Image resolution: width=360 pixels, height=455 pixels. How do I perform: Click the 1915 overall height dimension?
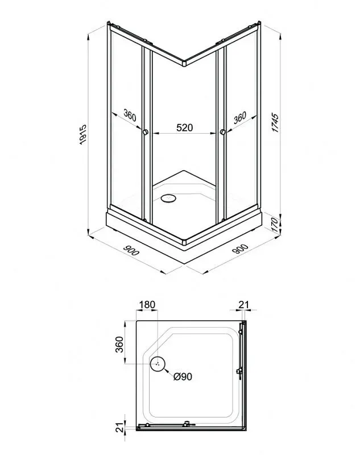83,134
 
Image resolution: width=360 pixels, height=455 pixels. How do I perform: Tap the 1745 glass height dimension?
275,122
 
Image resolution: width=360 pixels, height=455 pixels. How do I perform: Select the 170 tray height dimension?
276,224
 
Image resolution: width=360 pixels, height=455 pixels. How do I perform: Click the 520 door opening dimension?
184,127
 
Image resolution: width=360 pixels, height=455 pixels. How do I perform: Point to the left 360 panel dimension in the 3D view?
130,115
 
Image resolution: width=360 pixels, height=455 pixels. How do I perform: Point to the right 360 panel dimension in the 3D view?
240,117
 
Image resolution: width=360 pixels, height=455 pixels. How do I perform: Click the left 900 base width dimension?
131,250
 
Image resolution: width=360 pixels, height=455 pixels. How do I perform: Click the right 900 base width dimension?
240,249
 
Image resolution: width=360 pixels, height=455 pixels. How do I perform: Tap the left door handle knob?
146,133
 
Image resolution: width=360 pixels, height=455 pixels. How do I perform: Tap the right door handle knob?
223,133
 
